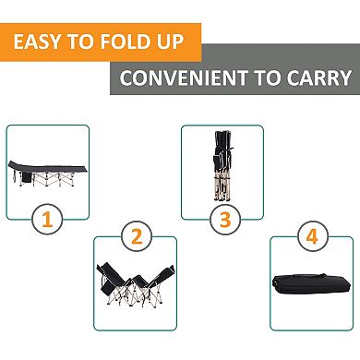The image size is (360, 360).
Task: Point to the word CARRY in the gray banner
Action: coord(321,78)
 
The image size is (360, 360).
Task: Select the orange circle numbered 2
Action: coord(137,237)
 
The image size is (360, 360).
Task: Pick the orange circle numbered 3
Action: coord(222,221)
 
